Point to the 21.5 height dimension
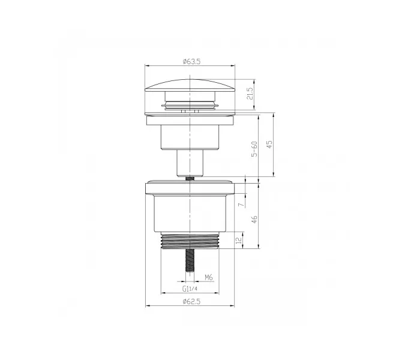coord(250,94)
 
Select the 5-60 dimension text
coord(254,148)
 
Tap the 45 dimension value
coord(269,145)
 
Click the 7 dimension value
coord(240,205)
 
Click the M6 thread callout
coord(208,278)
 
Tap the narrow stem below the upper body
coord(190,162)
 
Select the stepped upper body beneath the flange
coord(190,135)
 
